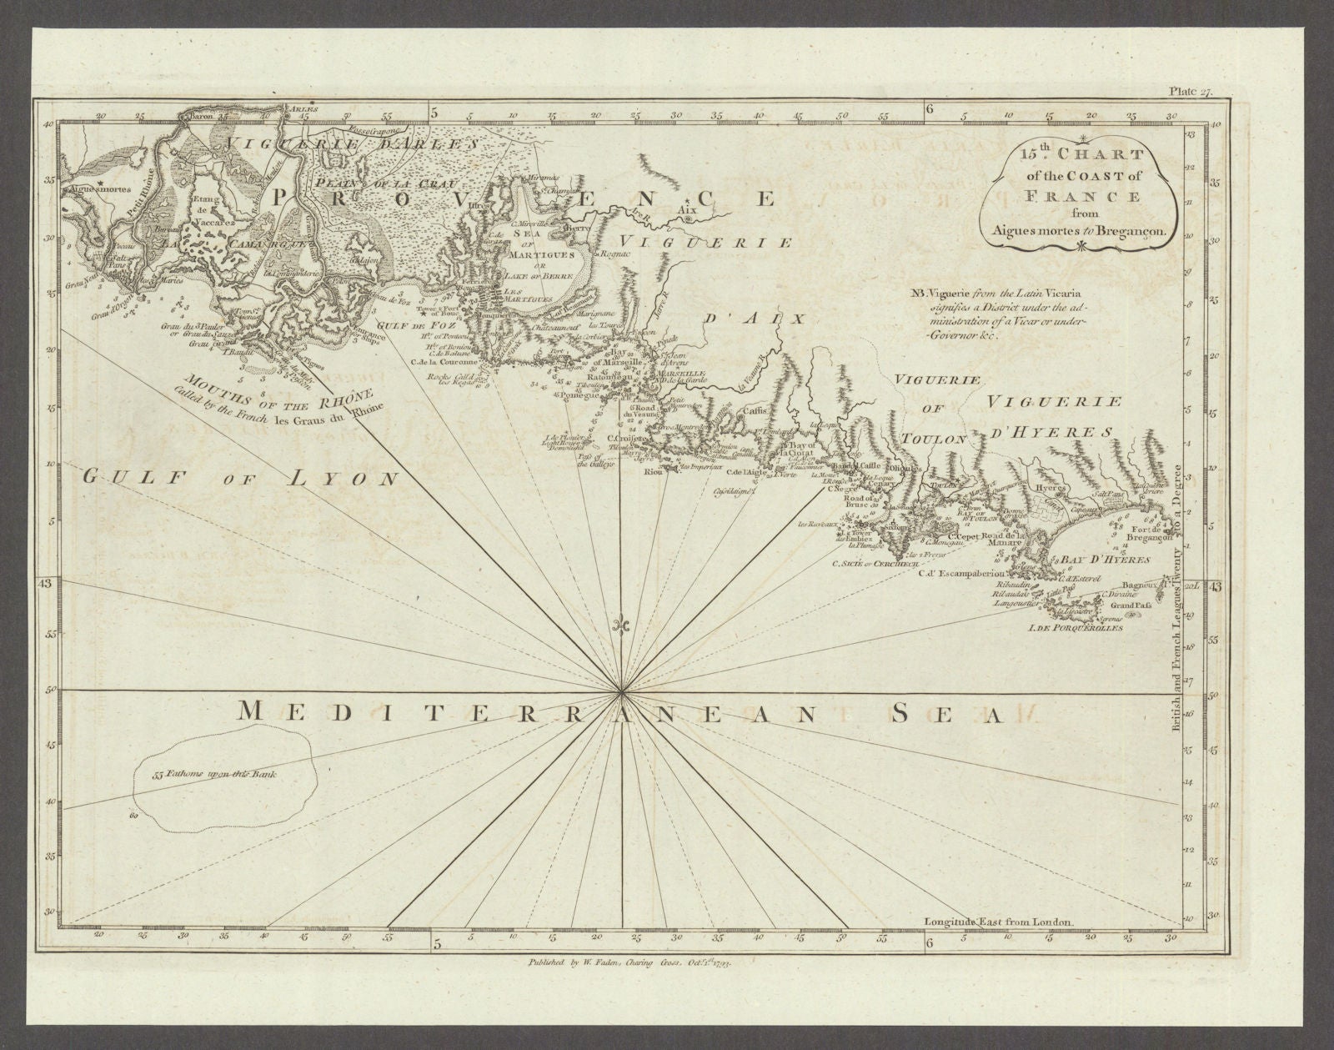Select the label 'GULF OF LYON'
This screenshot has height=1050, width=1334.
(241, 478)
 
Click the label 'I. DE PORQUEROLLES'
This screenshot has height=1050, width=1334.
(1076, 628)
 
